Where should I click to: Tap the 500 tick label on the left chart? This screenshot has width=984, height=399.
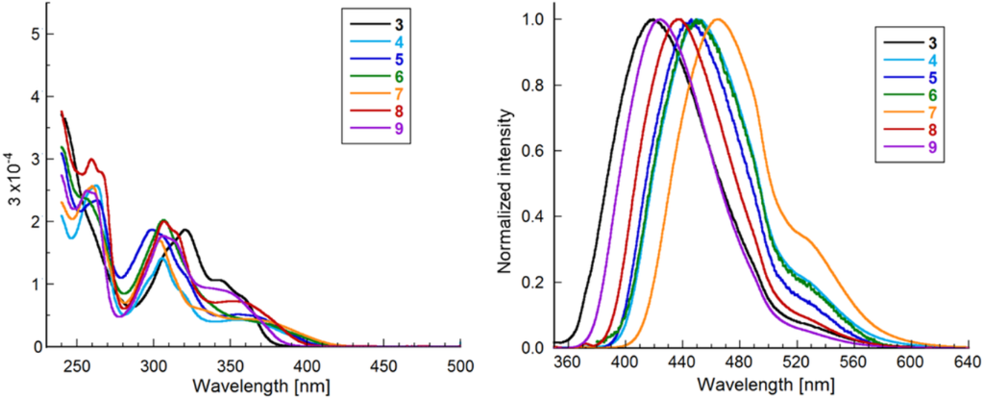click(x=461, y=366)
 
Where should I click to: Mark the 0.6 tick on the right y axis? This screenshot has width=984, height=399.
click(x=532, y=150)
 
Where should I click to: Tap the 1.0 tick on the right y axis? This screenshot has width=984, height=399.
click(x=532, y=19)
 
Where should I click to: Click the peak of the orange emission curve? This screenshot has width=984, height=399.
click(x=717, y=19)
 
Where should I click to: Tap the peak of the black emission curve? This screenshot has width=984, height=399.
click(x=652, y=19)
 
